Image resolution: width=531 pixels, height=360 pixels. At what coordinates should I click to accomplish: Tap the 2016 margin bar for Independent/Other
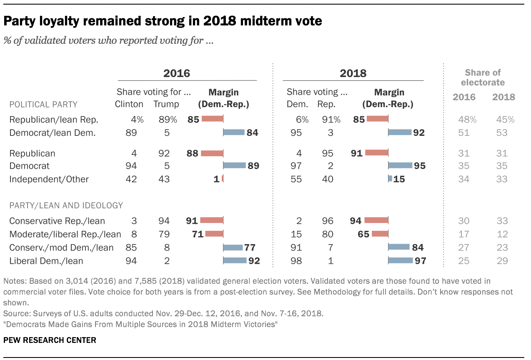pos(223,179)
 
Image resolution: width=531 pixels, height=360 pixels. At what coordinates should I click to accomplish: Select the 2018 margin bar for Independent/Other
pos(390,179)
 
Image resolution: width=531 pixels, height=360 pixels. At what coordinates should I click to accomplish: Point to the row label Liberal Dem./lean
pos(46,261)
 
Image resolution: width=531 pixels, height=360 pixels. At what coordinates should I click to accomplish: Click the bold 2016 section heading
pos(176,73)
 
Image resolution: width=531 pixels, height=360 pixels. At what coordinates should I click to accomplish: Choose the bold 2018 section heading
pos(353,73)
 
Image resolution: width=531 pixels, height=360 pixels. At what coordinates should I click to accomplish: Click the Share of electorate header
pos(483,77)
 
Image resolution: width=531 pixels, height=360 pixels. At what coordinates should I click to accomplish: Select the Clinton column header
pos(129,104)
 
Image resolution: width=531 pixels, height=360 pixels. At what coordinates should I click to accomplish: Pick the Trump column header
pos(166,104)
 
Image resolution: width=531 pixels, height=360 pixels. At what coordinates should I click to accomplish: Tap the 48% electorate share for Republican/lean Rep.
pos(464,120)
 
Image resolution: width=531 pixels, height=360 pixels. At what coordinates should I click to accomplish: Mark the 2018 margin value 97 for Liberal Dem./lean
pos(420,261)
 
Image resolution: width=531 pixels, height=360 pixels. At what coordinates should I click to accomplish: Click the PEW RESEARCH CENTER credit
pos(50,340)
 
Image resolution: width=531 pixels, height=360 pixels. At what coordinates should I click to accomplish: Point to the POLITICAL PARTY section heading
pos(43,104)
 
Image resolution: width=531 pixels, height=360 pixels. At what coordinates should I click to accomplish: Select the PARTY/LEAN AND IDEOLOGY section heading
pos(66,205)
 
